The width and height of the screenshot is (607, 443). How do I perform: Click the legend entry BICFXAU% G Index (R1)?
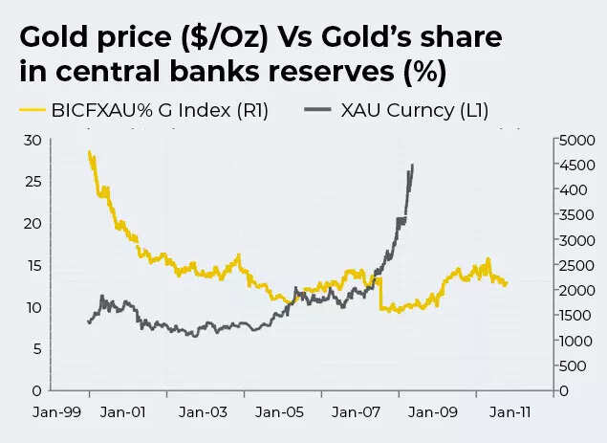coord(160,111)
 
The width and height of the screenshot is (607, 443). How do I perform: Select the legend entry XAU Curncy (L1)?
coord(414,111)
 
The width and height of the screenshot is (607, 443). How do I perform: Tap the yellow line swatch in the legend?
coord(33,111)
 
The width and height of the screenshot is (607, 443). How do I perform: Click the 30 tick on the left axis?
coord(33,140)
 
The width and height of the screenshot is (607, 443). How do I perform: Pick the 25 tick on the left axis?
coord(33,182)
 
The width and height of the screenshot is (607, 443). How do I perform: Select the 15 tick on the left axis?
coord(33,265)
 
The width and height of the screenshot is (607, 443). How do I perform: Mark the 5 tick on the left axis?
coord(35,349)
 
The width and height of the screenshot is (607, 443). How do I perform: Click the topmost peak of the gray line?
coord(413,165)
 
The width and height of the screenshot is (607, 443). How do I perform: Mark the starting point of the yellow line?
coord(89,152)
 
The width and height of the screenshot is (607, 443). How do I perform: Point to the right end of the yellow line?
coord(507,282)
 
